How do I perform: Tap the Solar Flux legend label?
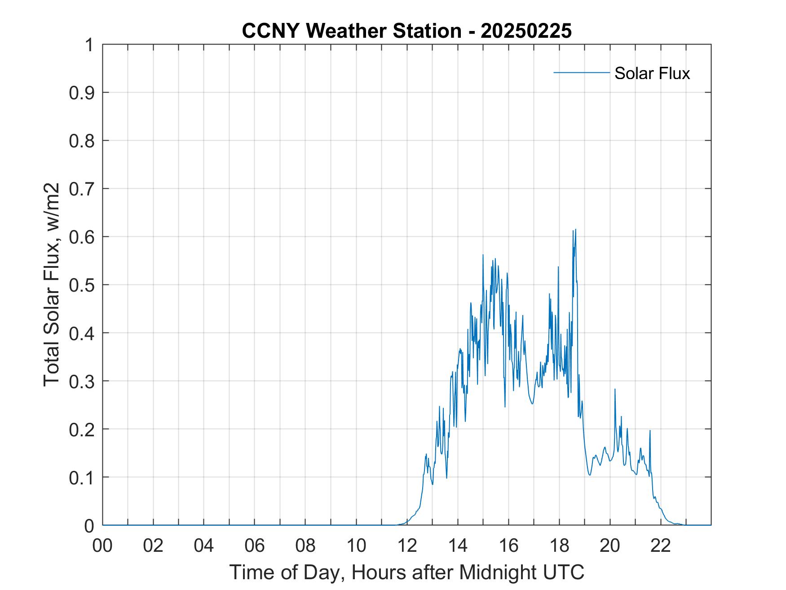tap(652, 73)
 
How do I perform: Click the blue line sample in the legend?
tap(582, 72)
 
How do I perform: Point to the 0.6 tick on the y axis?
tap(82, 237)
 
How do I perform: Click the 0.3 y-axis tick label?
tap(82, 381)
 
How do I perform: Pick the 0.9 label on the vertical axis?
tap(82, 93)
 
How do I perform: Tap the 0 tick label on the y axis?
tap(88, 525)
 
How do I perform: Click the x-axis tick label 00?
tap(103, 546)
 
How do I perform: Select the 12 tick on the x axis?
tap(407, 546)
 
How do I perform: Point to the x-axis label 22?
tap(661, 546)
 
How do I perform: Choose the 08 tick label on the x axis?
tap(306, 546)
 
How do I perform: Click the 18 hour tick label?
tap(560, 546)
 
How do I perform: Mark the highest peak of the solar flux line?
tap(575, 230)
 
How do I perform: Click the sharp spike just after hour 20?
tap(615, 389)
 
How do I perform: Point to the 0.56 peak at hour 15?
tap(483, 255)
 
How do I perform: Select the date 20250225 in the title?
tap(526, 31)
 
